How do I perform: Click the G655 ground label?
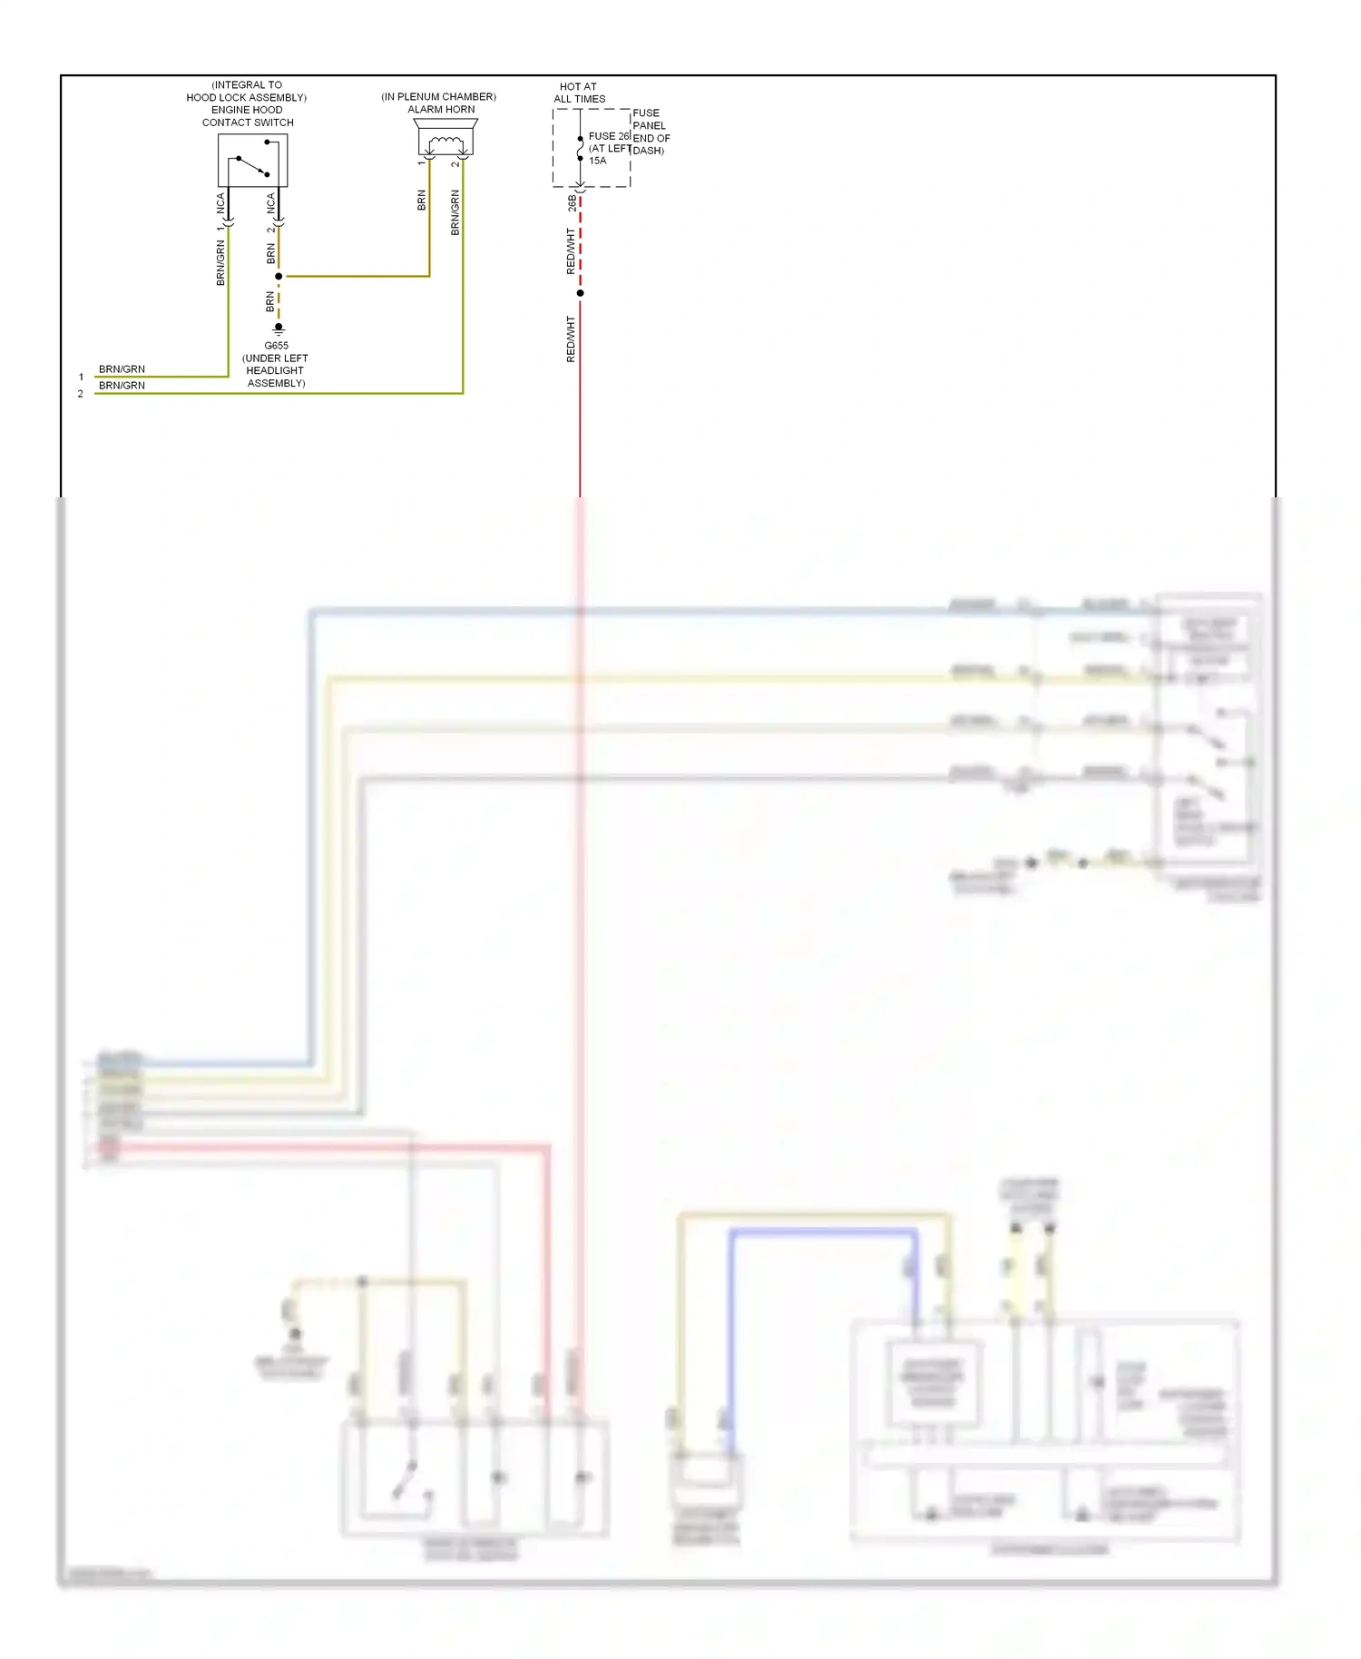(276, 346)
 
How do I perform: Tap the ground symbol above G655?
(279, 328)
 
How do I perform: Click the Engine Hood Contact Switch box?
(252, 161)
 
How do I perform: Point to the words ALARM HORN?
(441, 109)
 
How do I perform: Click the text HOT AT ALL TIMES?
(579, 93)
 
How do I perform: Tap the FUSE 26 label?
(609, 136)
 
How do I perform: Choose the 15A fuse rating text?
(597, 161)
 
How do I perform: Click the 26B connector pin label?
(572, 203)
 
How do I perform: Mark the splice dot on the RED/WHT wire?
(580, 293)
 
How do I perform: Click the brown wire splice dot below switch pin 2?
(279, 276)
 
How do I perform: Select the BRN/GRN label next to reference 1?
(122, 369)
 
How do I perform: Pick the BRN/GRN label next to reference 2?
(122, 386)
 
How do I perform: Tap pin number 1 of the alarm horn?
(421, 163)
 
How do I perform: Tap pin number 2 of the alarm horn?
(455, 163)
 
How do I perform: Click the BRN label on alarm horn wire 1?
(421, 201)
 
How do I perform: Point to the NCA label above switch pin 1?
(220, 203)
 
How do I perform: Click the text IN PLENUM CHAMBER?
(438, 96)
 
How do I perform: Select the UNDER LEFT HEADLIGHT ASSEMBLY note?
(275, 370)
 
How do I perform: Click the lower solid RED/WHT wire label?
(571, 339)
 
